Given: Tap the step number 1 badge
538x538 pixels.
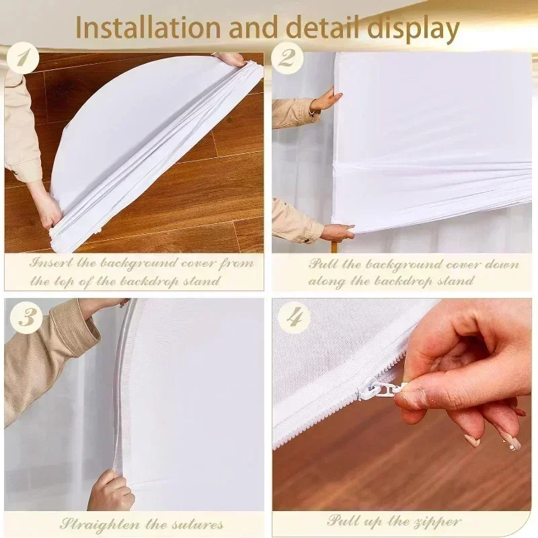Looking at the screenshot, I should pyautogui.click(x=26, y=59).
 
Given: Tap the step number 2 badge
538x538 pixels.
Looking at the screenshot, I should pyautogui.click(x=287, y=59).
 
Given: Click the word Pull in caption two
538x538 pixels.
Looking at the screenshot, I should pyautogui.click(x=323, y=263).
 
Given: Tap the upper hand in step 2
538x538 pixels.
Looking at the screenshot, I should pyautogui.click(x=327, y=101).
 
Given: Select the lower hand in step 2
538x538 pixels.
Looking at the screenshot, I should pyautogui.click(x=337, y=232).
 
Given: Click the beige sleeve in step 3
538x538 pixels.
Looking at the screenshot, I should pyautogui.click(x=47, y=356).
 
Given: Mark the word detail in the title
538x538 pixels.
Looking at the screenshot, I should pyautogui.click(x=320, y=28).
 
